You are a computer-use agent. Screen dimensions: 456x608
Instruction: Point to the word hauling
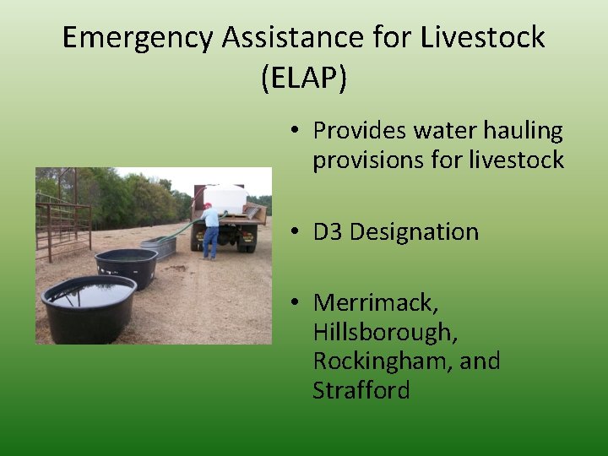(x=522, y=131)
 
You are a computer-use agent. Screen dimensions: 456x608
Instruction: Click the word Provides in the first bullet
(x=361, y=131)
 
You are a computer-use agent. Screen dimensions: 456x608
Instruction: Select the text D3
(x=328, y=231)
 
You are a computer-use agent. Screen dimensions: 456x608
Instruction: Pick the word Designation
(x=414, y=231)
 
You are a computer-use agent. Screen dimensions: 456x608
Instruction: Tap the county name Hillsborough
(x=385, y=332)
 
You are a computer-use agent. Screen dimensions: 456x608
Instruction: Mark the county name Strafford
(x=361, y=390)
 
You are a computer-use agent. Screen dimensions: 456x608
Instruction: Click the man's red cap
(x=207, y=205)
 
